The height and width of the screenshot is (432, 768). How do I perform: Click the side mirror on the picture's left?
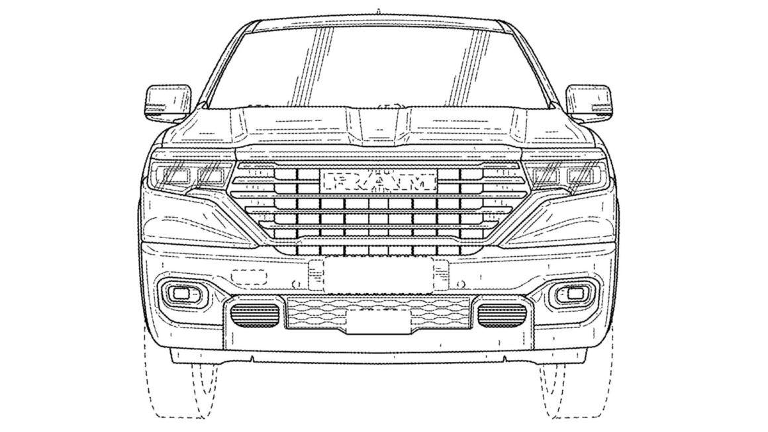click(168, 104)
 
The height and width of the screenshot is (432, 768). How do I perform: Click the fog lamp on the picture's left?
click(182, 293)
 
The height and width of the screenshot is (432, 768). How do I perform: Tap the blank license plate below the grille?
click(379, 275)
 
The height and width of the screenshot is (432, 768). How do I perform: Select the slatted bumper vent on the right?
click(502, 315)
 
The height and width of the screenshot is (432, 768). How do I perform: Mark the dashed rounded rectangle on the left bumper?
click(249, 277)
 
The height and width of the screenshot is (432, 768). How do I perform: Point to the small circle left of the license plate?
click(295, 283)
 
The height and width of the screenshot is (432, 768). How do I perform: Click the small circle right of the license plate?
click(460, 283)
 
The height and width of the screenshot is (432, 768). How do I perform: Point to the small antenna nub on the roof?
click(379, 11)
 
